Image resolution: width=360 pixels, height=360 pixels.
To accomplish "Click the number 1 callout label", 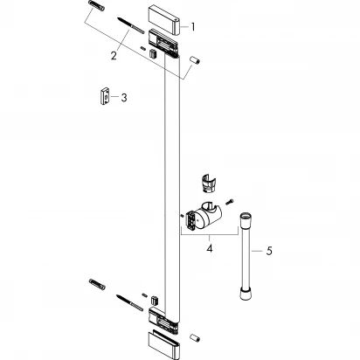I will (193, 26).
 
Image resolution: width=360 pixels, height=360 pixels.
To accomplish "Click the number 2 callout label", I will (114, 57).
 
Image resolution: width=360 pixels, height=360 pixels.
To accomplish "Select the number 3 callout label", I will (124, 98).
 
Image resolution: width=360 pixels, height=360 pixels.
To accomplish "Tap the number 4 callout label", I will (210, 248).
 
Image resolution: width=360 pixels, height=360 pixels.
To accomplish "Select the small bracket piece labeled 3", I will (105, 95).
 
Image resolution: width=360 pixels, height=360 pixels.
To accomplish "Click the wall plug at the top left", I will (98, 15).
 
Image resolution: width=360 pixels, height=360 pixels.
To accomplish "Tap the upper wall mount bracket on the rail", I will (162, 39).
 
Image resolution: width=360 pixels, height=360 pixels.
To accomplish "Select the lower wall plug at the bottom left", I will (98, 285).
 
